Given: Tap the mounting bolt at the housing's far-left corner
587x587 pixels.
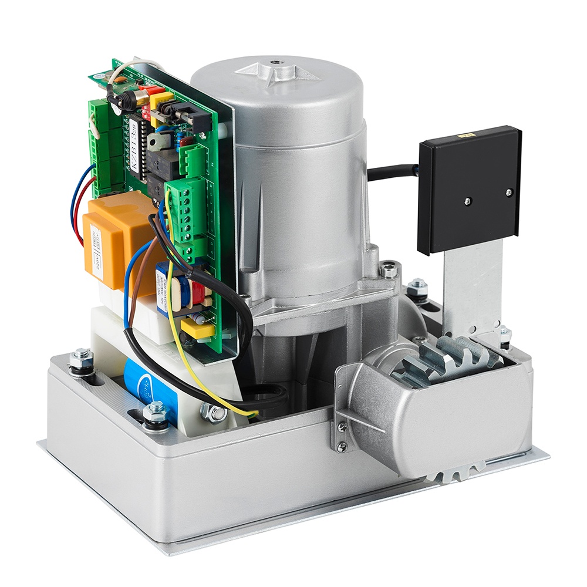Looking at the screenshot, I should click(81, 359).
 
